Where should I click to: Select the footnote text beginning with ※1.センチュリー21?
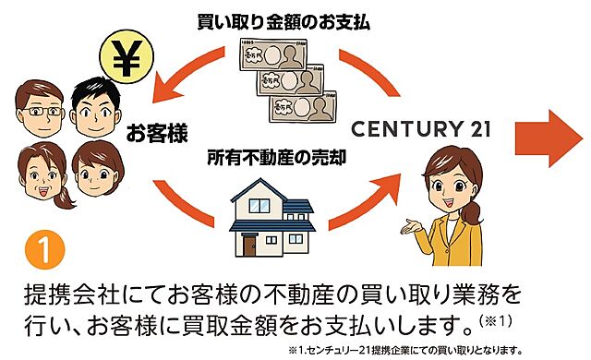point(405,351)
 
